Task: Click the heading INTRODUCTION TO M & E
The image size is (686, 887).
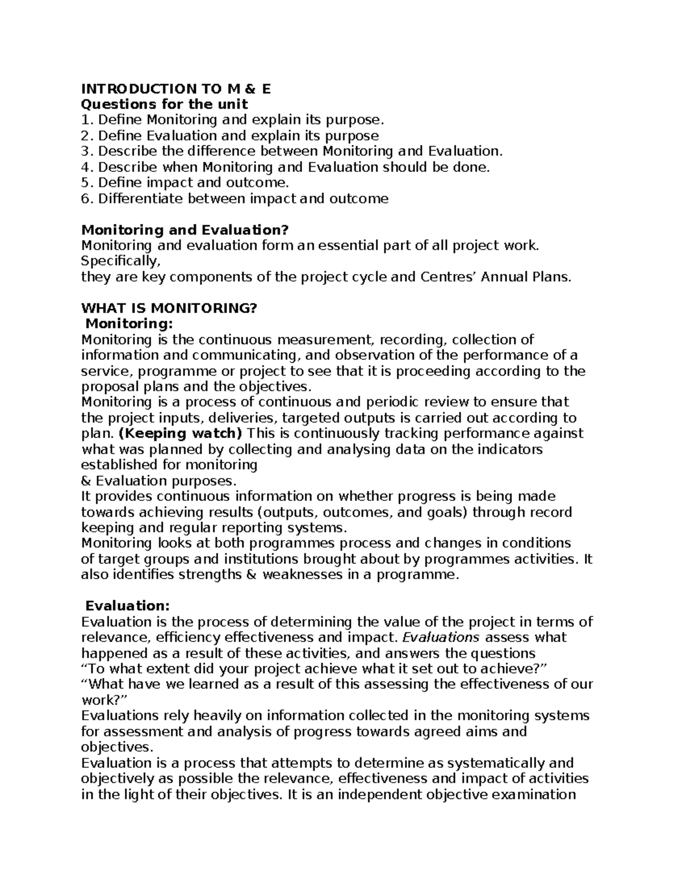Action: tap(176, 89)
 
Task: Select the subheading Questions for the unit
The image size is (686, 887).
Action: tap(165, 104)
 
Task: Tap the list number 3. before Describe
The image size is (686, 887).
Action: tap(87, 151)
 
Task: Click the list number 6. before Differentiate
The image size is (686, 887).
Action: tap(87, 199)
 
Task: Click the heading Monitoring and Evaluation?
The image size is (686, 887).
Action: tap(185, 230)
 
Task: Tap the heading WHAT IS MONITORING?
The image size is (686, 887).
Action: tap(170, 308)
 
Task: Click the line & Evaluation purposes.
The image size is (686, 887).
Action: tap(158, 481)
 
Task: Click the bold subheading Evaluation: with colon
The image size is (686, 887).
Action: tap(127, 605)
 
